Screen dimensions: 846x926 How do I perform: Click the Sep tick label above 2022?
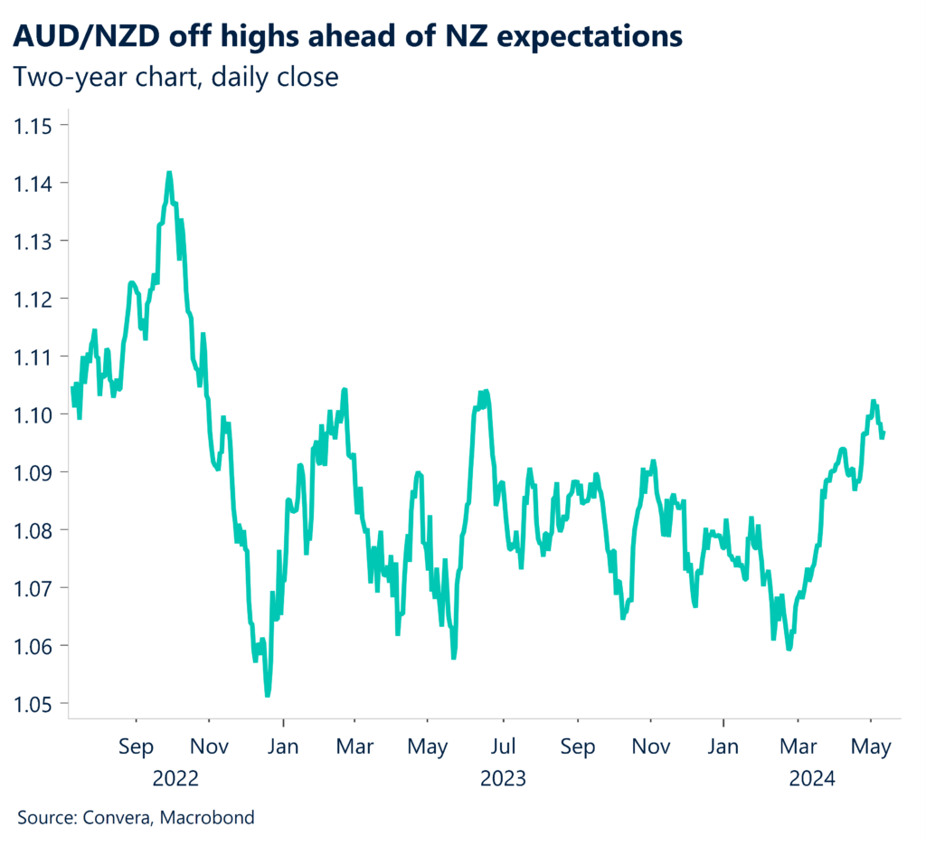pyautogui.click(x=136, y=748)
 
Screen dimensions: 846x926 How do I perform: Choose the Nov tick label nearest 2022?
pyautogui.click(x=209, y=748)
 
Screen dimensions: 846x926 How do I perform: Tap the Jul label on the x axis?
pyautogui.click(x=503, y=748)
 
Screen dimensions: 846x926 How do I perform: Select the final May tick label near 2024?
pyautogui.click(x=872, y=748)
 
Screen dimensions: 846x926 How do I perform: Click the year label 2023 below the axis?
pyautogui.click(x=503, y=778)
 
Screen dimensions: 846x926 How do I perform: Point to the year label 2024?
pyautogui.click(x=812, y=778)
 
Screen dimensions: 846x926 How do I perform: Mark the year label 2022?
pyautogui.click(x=175, y=778)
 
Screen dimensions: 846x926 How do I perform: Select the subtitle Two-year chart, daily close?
pyautogui.click(x=175, y=78)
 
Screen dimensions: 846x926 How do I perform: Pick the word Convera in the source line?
pyautogui.click(x=118, y=818)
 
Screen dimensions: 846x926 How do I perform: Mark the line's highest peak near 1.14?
pyautogui.click(x=169, y=173)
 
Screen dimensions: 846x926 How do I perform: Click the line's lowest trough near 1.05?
pyautogui.click(x=267, y=695)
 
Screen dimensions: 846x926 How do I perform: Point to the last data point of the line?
pyautogui.click(x=883, y=433)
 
